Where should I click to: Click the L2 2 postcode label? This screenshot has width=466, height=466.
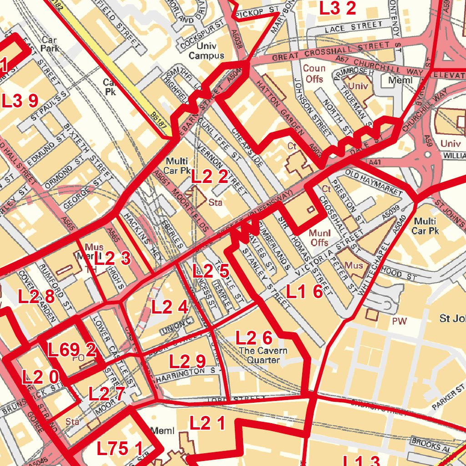tap(209, 177)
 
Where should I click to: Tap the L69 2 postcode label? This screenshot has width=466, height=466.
tap(72, 350)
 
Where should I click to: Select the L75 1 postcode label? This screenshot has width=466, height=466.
tap(119, 449)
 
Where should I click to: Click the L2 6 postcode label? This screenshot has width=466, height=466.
tap(254, 338)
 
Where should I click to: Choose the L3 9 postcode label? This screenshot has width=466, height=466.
tap(20, 101)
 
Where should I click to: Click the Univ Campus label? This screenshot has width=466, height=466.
tap(207, 51)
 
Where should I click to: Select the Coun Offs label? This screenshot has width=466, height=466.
tap(314, 74)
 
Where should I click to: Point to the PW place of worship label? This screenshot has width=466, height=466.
tap(399, 321)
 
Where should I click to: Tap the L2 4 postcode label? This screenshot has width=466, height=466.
tap(170, 307)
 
